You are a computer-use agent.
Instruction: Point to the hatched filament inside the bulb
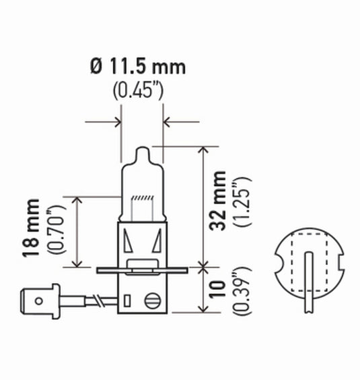[x=141, y=199]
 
